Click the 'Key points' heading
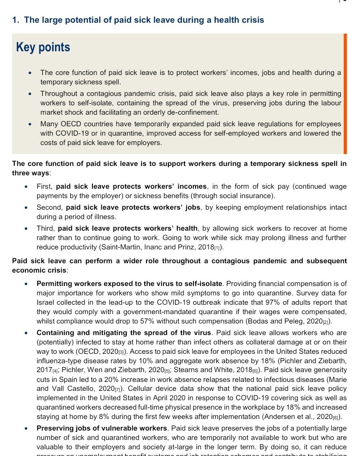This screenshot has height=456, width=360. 43,47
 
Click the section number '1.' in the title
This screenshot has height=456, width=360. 16,20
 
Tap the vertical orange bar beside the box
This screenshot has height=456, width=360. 345,93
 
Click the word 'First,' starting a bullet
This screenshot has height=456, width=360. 45,187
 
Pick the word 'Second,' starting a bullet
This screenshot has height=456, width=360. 50,207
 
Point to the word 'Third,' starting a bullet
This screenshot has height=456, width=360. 46,228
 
